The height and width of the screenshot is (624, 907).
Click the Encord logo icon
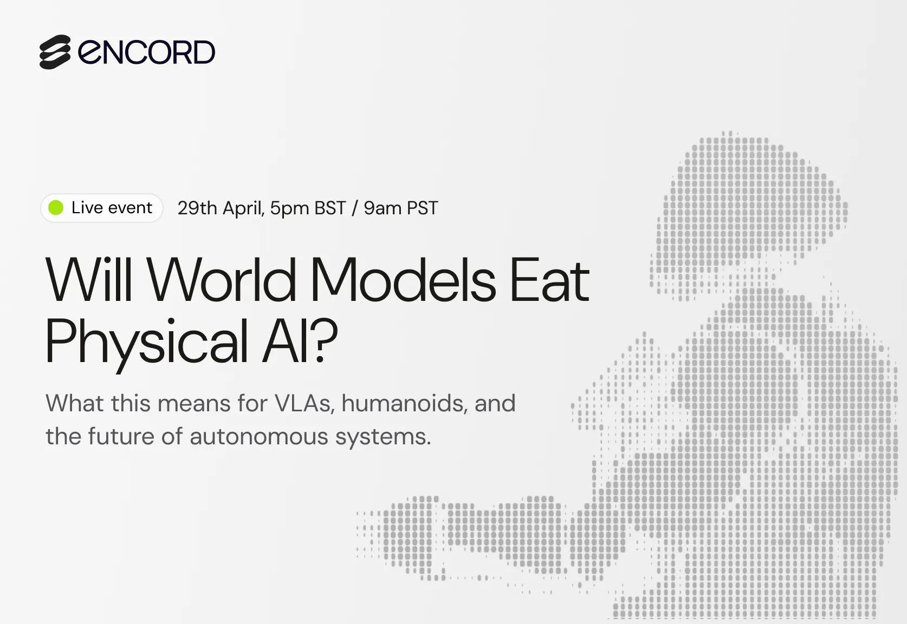pyautogui.click(x=55, y=52)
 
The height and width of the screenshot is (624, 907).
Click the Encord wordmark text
pyautogui.click(x=147, y=52)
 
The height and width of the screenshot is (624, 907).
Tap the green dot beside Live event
pyautogui.click(x=56, y=208)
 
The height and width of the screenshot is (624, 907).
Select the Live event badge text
pyautogui.click(x=112, y=208)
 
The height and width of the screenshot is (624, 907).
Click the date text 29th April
pyautogui.click(x=220, y=208)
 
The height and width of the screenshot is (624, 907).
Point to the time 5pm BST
pyautogui.click(x=308, y=208)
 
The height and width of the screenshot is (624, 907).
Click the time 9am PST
pyautogui.click(x=400, y=208)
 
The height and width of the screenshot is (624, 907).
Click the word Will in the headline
pyautogui.click(x=89, y=280)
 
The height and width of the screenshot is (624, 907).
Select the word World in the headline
pyautogui.click(x=222, y=280)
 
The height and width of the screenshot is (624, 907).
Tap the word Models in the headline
pyautogui.click(x=403, y=280)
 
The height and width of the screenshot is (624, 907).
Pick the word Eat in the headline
pyautogui.click(x=549, y=280)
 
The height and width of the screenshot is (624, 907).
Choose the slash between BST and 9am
pyautogui.click(x=354, y=208)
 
